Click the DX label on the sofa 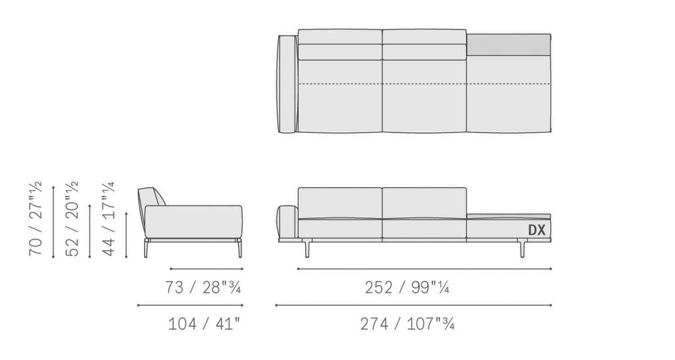tap(537, 230)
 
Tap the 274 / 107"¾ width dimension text tap(407, 324)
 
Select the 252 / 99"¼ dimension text tap(407, 288)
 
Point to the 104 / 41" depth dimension tap(204, 324)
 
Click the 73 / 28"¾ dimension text tap(203, 288)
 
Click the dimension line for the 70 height tap(54, 222)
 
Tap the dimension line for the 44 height tap(126, 235)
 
